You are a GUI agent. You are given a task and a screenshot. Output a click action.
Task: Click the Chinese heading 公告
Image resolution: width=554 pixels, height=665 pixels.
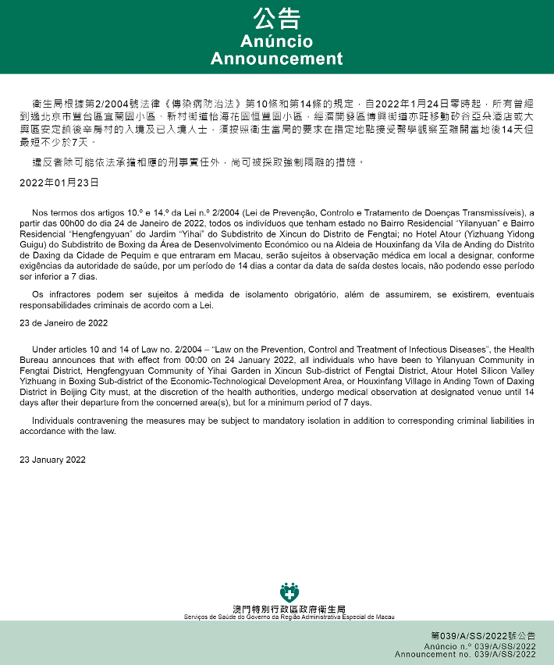coord(276,19)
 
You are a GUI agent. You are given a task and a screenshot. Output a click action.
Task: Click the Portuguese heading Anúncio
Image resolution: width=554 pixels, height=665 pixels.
coord(276,41)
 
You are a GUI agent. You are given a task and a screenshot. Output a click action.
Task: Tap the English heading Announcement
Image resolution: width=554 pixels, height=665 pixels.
coord(276,59)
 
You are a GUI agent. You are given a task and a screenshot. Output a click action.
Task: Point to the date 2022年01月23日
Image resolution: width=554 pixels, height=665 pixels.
coord(59,182)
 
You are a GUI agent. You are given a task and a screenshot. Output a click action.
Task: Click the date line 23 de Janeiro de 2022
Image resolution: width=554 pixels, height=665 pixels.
coord(64,322)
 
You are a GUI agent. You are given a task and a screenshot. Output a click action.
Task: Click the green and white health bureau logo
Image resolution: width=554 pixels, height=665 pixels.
coord(289,592)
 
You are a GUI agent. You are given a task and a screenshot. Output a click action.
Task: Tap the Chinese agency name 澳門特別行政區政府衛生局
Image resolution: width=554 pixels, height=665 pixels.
coord(289,609)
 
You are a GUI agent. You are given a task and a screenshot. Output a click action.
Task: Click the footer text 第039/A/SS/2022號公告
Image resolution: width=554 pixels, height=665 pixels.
coord(483,637)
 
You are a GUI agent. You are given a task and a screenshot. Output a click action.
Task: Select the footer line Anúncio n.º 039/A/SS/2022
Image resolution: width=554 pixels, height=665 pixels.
coord(480,647)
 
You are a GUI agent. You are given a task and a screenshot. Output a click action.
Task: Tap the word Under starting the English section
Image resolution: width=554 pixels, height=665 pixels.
coord(44,349)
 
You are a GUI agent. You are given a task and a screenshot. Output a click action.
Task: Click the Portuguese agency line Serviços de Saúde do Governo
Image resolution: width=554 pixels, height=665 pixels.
coord(289,617)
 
